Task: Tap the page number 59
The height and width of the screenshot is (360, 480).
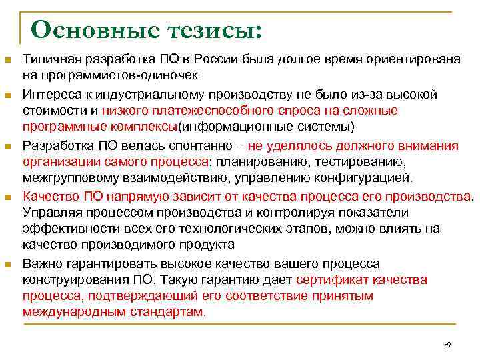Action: point(447,345)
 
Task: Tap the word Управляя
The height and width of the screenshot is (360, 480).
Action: point(49,212)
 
